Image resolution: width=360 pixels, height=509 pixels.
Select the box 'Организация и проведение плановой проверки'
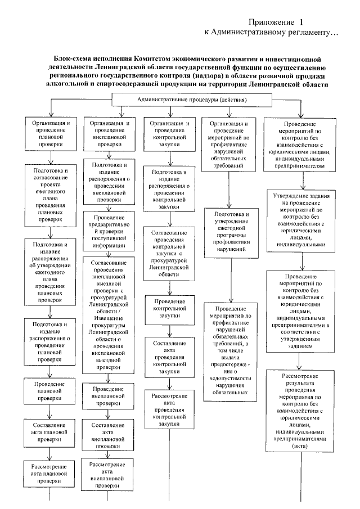51,133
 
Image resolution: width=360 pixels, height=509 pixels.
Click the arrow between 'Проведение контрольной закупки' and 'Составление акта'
169,330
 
